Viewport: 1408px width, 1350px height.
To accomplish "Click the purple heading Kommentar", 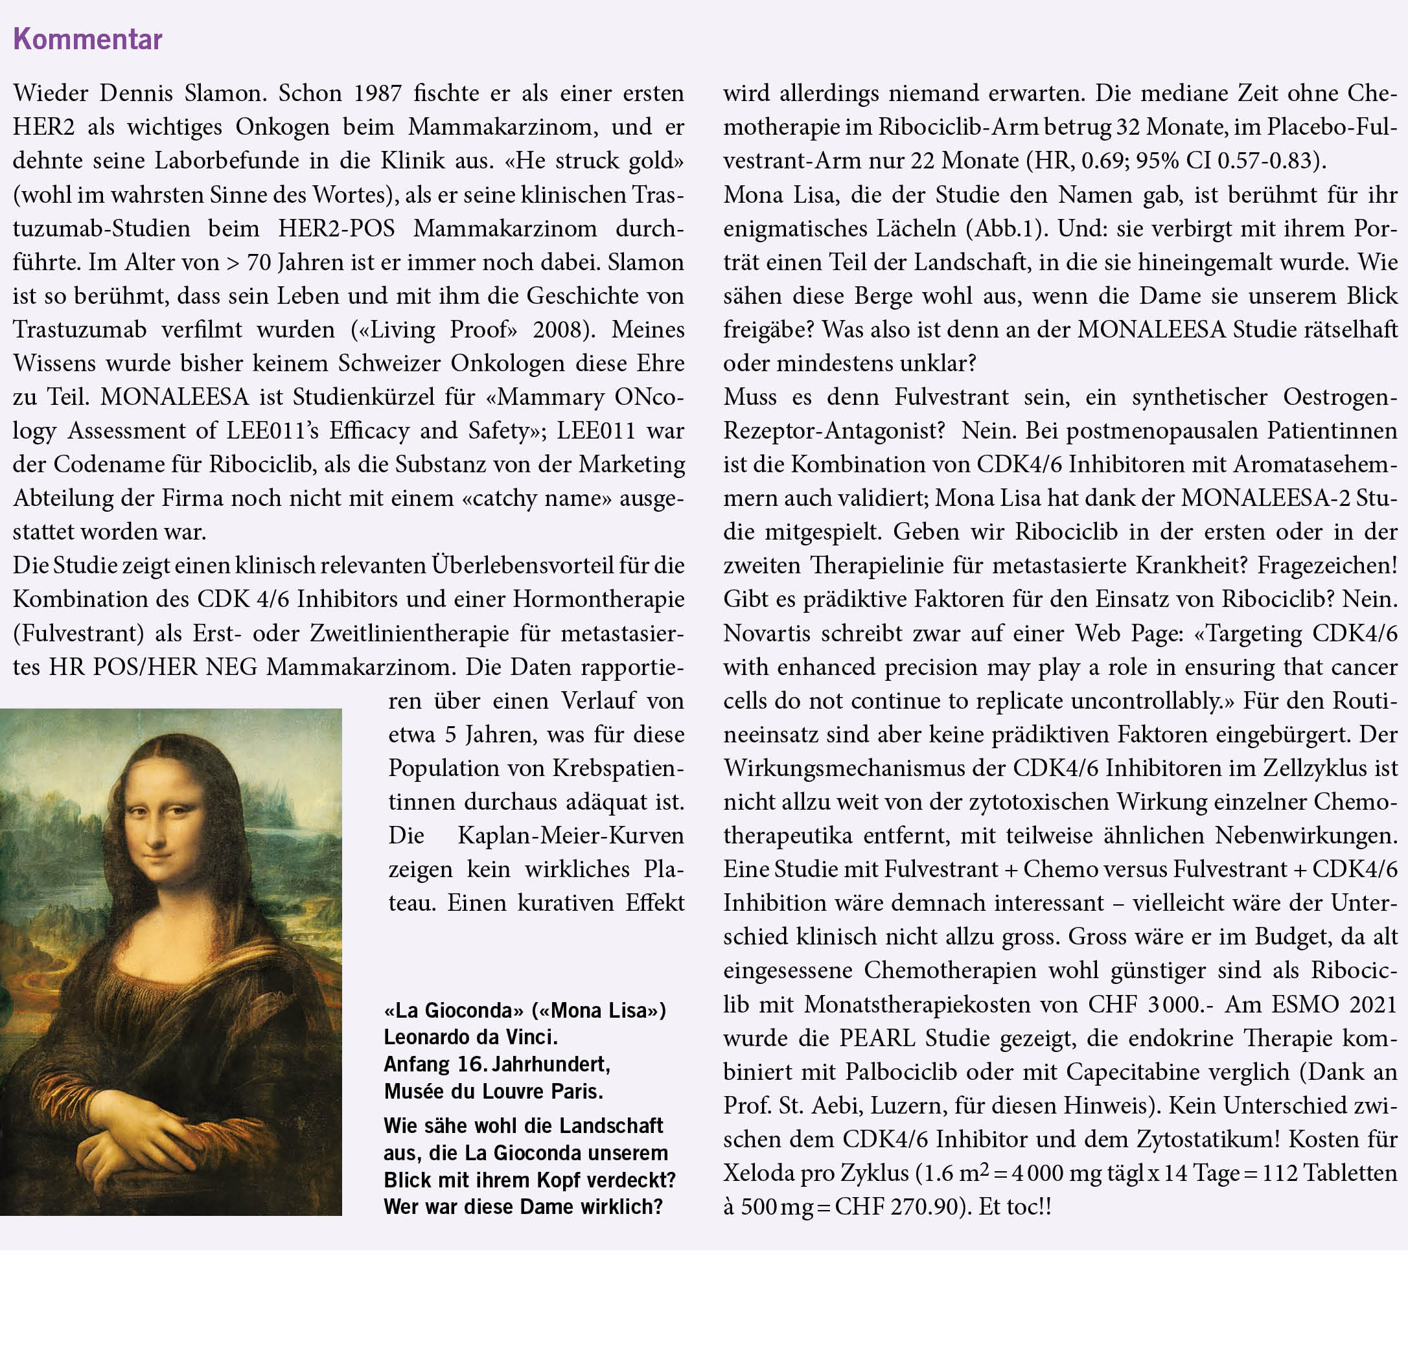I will coord(87,39).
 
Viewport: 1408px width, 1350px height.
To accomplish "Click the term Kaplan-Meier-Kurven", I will coord(571,836).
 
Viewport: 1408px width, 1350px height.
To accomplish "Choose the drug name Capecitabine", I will coord(1131,1072).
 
